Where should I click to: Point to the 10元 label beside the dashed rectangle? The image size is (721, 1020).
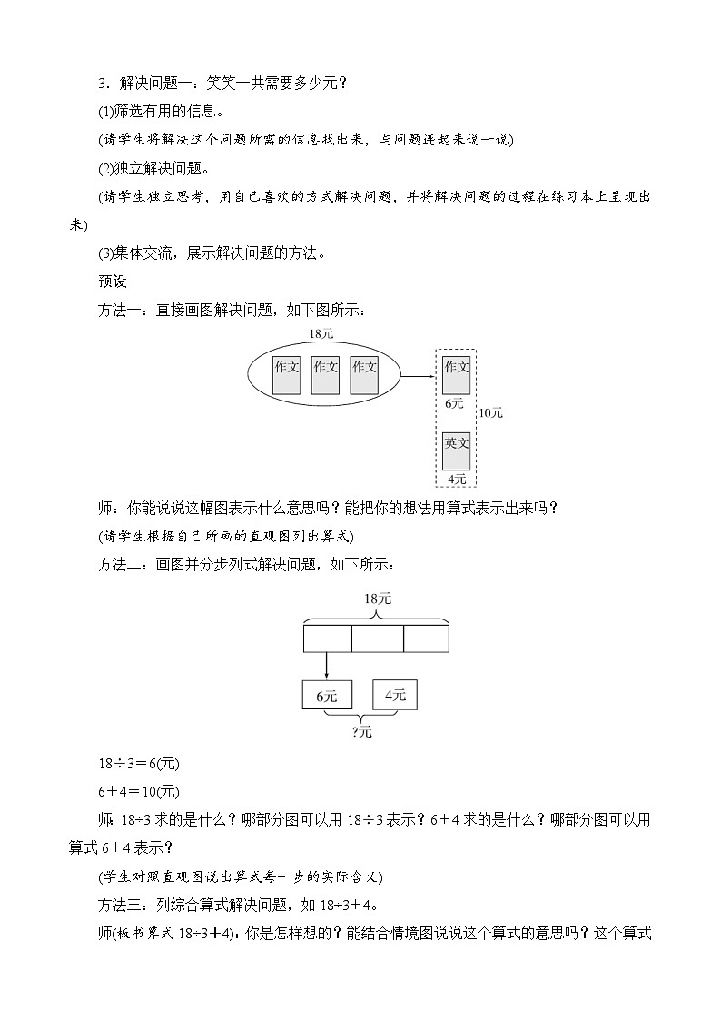490,412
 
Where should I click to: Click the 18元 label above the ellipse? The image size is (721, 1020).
321,334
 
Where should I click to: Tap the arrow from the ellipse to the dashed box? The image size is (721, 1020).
419,375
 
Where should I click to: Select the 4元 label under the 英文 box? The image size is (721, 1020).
456,479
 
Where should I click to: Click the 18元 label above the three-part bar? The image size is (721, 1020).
377,599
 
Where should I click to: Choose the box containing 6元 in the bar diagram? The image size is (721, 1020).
327,696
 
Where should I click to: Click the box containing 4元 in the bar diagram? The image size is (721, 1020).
396,696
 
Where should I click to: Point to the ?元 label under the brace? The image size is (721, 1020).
361,731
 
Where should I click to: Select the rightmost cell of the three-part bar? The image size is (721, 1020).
426,639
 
